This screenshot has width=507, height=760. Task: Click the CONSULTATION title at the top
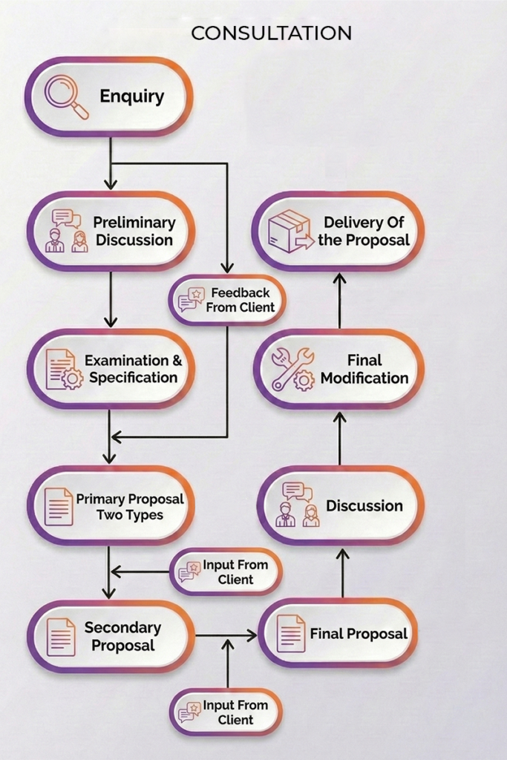pyautogui.click(x=271, y=33)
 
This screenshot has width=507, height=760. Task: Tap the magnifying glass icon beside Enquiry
pyautogui.click(x=65, y=96)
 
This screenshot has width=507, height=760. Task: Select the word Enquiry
pyautogui.click(x=132, y=96)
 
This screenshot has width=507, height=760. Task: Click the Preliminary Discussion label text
pyautogui.click(x=134, y=231)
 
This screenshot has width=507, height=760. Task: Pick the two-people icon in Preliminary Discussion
pyautogui.click(x=66, y=231)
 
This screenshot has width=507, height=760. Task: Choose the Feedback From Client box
pyautogui.click(x=227, y=301)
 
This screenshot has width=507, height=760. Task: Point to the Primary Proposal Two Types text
pyautogui.click(x=130, y=507)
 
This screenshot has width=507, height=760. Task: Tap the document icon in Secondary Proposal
pyautogui.click(x=61, y=637)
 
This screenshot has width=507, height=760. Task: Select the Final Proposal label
pyautogui.click(x=359, y=634)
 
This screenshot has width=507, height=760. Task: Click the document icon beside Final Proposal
pyautogui.click(x=291, y=634)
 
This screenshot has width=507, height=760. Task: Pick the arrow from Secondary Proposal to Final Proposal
pyautogui.click(x=226, y=635)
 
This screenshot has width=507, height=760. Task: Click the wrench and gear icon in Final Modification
pyautogui.click(x=292, y=370)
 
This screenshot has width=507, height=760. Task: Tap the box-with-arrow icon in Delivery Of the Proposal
pyautogui.click(x=290, y=232)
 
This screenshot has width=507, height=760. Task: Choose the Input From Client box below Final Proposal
pyautogui.click(x=226, y=712)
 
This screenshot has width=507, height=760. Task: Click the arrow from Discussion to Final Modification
pyautogui.click(x=339, y=438)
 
